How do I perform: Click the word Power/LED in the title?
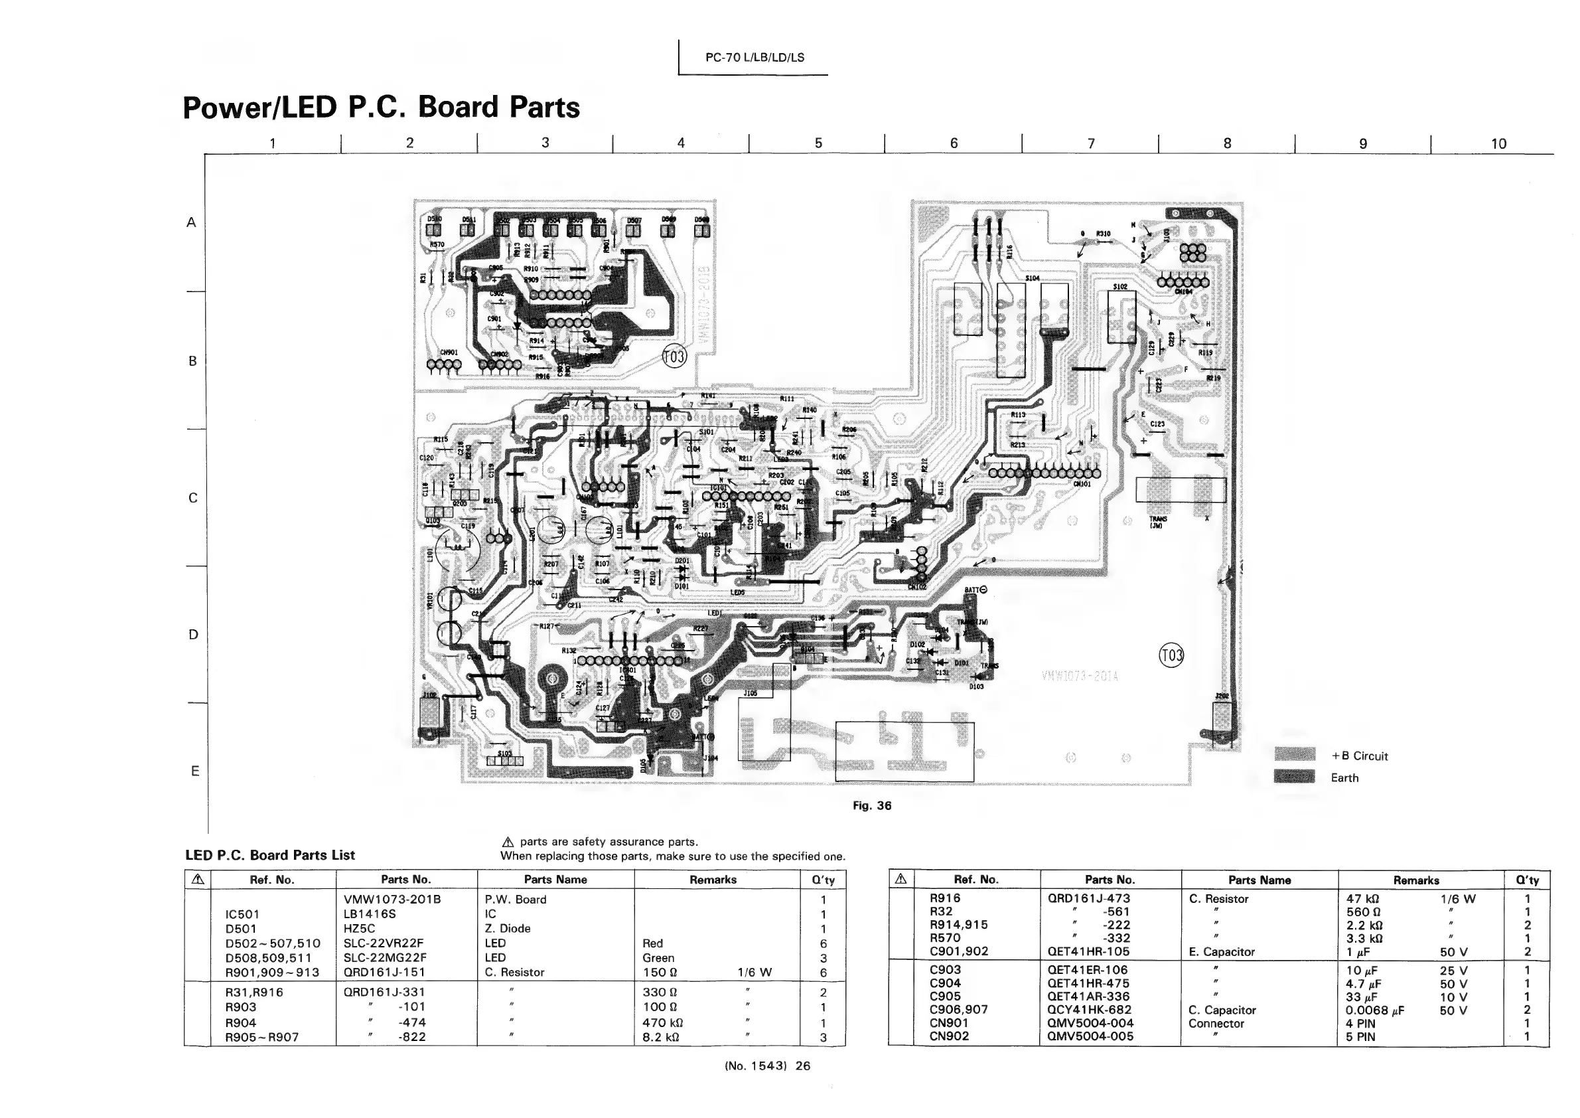pyautogui.click(x=260, y=108)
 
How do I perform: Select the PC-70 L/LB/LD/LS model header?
pyautogui.click(x=754, y=58)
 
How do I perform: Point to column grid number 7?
pyautogui.click(x=1090, y=144)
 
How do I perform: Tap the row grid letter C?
pyautogui.click(x=193, y=498)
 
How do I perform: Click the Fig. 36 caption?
pyautogui.click(x=872, y=805)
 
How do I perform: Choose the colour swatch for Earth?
pyautogui.click(x=1295, y=777)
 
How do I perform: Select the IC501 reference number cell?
pyautogui.click(x=242, y=914)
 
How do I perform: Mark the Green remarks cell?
pyautogui.click(x=658, y=957)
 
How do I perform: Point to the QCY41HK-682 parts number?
pyautogui.click(x=1090, y=1010)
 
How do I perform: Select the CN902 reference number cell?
pyautogui.click(x=949, y=1036)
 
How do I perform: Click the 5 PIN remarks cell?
pyautogui.click(x=1360, y=1037)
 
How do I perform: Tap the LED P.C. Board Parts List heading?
pyautogui.click(x=270, y=855)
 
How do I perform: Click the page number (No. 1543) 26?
pyautogui.click(x=767, y=1066)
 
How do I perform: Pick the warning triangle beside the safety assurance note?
pyautogui.click(x=508, y=842)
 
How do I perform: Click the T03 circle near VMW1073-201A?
pyautogui.click(x=1171, y=655)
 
